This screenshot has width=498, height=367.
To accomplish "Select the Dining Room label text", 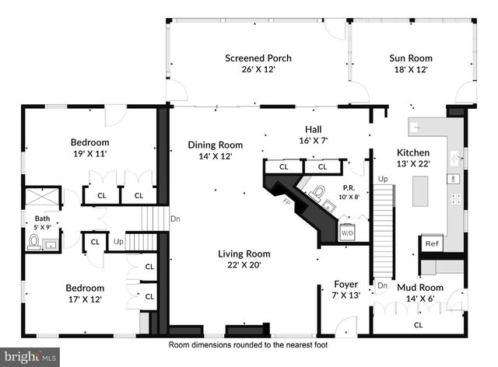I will [215, 150].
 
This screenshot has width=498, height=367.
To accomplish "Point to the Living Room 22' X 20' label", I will [244, 259].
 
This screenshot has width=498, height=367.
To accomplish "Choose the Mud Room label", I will [419, 292].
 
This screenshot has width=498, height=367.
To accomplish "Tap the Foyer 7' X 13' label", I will [345, 289].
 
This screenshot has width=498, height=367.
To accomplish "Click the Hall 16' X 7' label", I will [314, 135].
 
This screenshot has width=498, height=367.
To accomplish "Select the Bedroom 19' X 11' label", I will [89, 148].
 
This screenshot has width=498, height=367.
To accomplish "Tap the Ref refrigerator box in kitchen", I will [431, 244].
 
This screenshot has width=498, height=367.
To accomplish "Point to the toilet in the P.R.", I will [317, 191].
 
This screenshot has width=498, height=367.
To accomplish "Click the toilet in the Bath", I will [34, 242].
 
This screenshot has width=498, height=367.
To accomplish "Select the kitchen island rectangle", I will [420, 191].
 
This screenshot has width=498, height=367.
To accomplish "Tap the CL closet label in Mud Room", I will [419, 325].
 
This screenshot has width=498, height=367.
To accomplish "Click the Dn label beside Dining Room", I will [175, 218].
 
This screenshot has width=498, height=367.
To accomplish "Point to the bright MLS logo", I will [30, 357].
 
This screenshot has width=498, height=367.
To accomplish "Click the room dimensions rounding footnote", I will [249, 344].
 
